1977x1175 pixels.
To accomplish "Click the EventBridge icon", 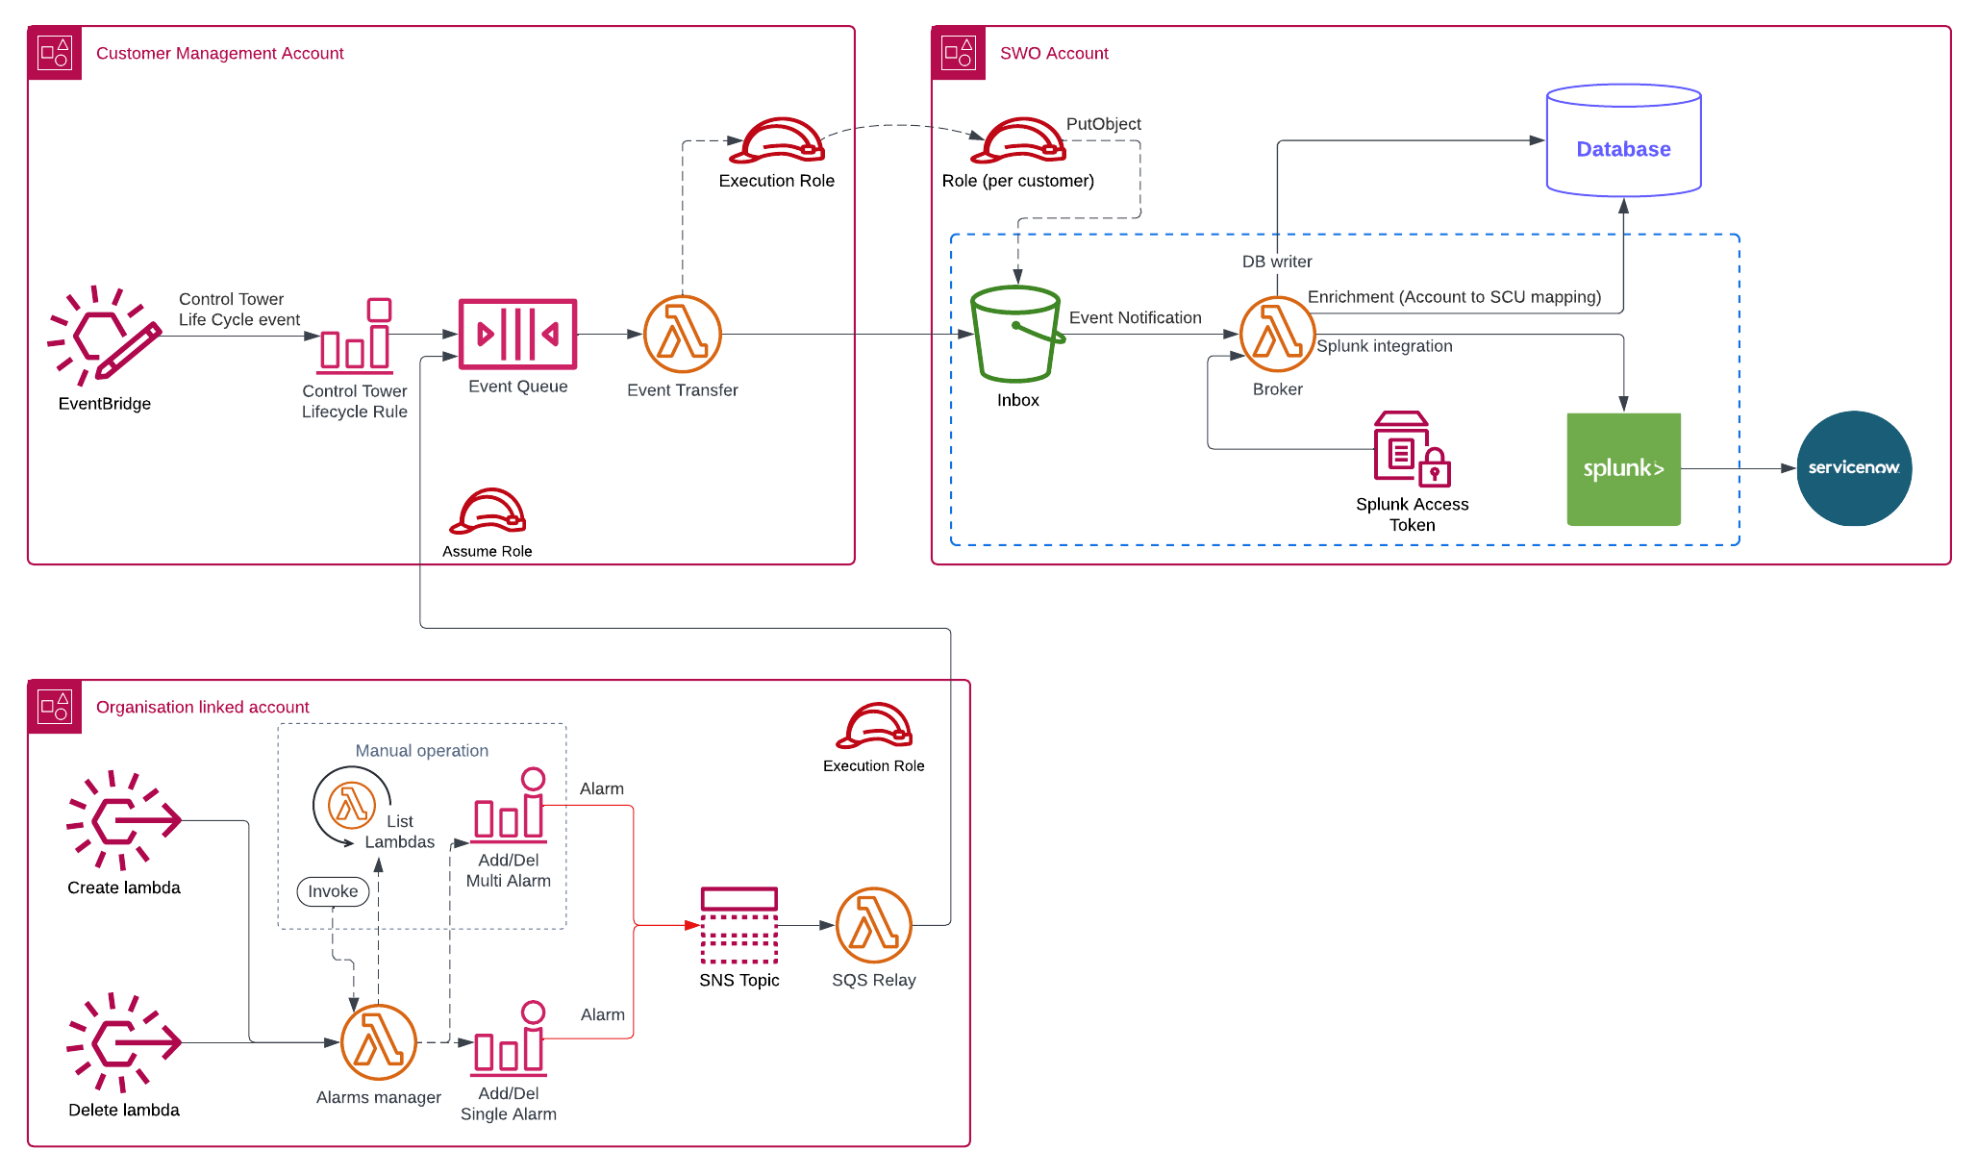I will (104, 336).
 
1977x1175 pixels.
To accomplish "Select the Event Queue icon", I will (517, 334).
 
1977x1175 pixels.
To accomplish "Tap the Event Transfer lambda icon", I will (682, 334).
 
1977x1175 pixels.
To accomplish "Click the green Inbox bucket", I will (1015, 334).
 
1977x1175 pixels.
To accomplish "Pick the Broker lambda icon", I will (1277, 334).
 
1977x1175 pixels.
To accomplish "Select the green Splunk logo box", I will (1623, 469).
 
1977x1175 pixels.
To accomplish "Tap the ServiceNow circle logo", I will (1853, 468).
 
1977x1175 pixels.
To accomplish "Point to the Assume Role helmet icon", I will (488, 511).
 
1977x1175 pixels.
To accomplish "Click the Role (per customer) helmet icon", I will (1017, 141).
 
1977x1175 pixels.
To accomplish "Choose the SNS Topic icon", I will (738, 925).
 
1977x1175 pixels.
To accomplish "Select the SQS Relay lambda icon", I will (873, 925).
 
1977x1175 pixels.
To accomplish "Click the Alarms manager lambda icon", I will (378, 1042).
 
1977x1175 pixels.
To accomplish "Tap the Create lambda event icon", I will (123, 820).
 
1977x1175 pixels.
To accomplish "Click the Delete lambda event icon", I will (123, 1042).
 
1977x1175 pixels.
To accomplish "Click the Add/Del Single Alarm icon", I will (509, 1039).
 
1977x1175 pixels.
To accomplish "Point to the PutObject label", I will (1103, 124).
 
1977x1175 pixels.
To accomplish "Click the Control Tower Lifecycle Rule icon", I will (355, 336).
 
